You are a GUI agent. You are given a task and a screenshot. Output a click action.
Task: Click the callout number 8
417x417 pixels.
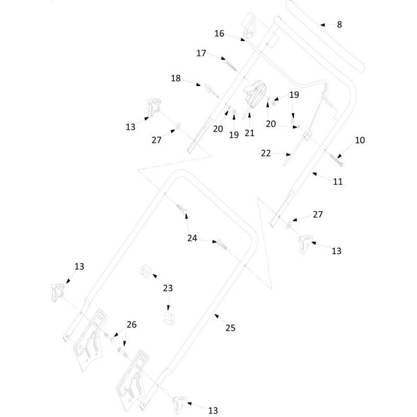pyautogui.click(x=339, y=24)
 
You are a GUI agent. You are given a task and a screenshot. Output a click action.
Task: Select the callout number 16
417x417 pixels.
pyautogui.click(x=219, y=33)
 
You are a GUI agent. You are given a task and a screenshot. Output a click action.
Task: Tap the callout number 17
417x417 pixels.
pyautogui.click(x=201, y=53)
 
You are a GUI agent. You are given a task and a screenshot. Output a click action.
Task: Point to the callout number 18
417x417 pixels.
pyautogui.click(x=176, y=78)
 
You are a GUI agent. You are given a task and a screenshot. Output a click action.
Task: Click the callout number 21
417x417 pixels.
pyautogui.click(x=250, y=133)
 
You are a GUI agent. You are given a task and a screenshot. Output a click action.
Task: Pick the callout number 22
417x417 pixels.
pyautogui.click(x=266, y=153)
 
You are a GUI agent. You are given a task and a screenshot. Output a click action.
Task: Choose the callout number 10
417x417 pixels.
pyautogui.click(x=360, y=140)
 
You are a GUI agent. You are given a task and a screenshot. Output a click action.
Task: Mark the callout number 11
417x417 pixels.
pyautogui.click(x=338, y=181)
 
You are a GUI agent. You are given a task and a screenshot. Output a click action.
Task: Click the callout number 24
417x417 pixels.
pyautogui.click(x=192, y=238)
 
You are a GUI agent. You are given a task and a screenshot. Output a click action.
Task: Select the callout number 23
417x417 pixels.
pyautogui.click(x=168, y=288)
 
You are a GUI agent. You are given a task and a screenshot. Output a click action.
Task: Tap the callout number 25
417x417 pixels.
pyautogui.click(x=230, y=328)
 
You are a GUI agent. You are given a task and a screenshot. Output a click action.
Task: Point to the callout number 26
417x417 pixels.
pyautogui.click(x=131, y=324)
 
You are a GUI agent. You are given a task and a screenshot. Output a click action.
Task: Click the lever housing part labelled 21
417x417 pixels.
pyautogui.click(x=255, y=94)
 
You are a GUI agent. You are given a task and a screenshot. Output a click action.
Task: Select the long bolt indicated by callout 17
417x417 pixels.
pyautogui.click(x=231, y=66)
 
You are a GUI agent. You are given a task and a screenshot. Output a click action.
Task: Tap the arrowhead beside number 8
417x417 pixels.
pyautogui.click(x=323, y=24)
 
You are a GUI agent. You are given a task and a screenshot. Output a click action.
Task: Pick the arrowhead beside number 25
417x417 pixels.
pyautogui.click(x=217, y=316)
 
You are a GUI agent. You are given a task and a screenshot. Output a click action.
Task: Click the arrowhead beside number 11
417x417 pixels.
pyautogui.click(x=315, y=174)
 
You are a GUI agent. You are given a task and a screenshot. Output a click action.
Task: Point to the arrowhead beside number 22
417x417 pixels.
pyautogui.click(x=288, y=154)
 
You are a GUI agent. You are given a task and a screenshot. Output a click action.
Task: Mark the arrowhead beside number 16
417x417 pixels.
pyautogui.click(x=242, y=40)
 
